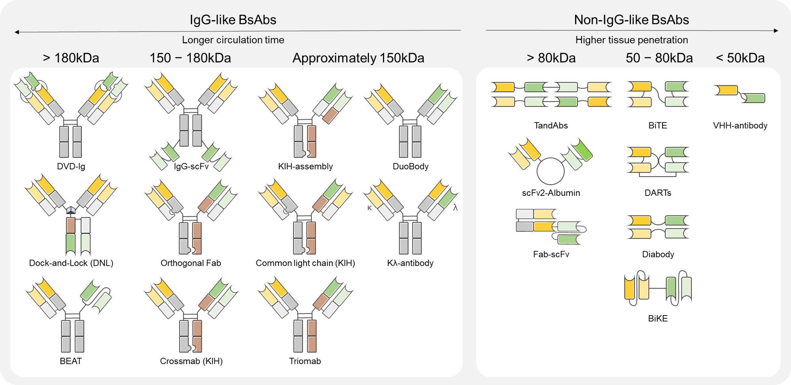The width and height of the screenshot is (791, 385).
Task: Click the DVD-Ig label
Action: [x=71, y=166]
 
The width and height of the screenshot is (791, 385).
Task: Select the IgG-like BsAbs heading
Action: [x=233, y=20]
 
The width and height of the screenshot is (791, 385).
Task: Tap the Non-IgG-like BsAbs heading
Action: [x=631, y=20]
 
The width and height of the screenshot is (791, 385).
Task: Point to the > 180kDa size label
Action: [x=71, y=58]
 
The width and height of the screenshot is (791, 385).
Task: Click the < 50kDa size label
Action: [x=740, y=58]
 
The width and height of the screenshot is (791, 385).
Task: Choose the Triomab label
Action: [x=305, y=361]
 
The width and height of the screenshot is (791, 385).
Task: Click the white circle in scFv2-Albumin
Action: [x=550, y=171]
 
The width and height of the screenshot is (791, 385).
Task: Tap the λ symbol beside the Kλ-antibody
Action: [x=455, y=208]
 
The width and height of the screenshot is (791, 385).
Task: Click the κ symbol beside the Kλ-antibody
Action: [x=369, y=208]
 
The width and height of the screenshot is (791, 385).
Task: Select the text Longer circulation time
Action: [x=233, y=40]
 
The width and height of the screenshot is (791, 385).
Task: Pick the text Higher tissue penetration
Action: [x=631, y=40]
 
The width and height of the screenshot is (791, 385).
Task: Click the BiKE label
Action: [x=658, y=318]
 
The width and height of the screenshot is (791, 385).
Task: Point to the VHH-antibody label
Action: [x=740, y=126]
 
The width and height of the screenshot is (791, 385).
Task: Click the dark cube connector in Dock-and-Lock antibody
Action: [x=71, y=210]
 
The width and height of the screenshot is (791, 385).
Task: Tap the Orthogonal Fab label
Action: [x=191, y=263]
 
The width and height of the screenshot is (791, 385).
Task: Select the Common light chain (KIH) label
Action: [x=305, y=263]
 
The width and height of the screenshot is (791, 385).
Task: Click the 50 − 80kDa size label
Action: [x=659, y=58]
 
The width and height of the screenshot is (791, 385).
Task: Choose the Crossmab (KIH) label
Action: [x=191, y=361]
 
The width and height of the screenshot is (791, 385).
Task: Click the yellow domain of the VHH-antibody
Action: [x=726, y=90]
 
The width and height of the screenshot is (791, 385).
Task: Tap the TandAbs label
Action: [x=551, y=126]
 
